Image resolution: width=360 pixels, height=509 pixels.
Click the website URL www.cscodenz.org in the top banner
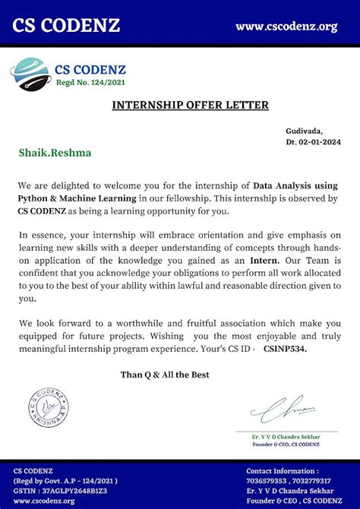coord(286,27)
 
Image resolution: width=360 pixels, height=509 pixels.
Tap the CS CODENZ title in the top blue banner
coord(65,25)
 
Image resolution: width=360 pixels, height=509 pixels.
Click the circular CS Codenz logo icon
coord(29,75)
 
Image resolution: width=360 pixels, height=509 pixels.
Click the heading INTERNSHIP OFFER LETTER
coord(179,105)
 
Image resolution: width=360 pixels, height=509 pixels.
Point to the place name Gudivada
coord(305,131)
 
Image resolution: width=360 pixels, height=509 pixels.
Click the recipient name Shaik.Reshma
coord(55,153)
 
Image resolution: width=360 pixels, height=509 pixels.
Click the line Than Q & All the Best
coord(165,375)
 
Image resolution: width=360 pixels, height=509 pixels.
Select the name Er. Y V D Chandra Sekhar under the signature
coord(287,436)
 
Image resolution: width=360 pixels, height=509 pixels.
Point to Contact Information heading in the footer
coord(283,471)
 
